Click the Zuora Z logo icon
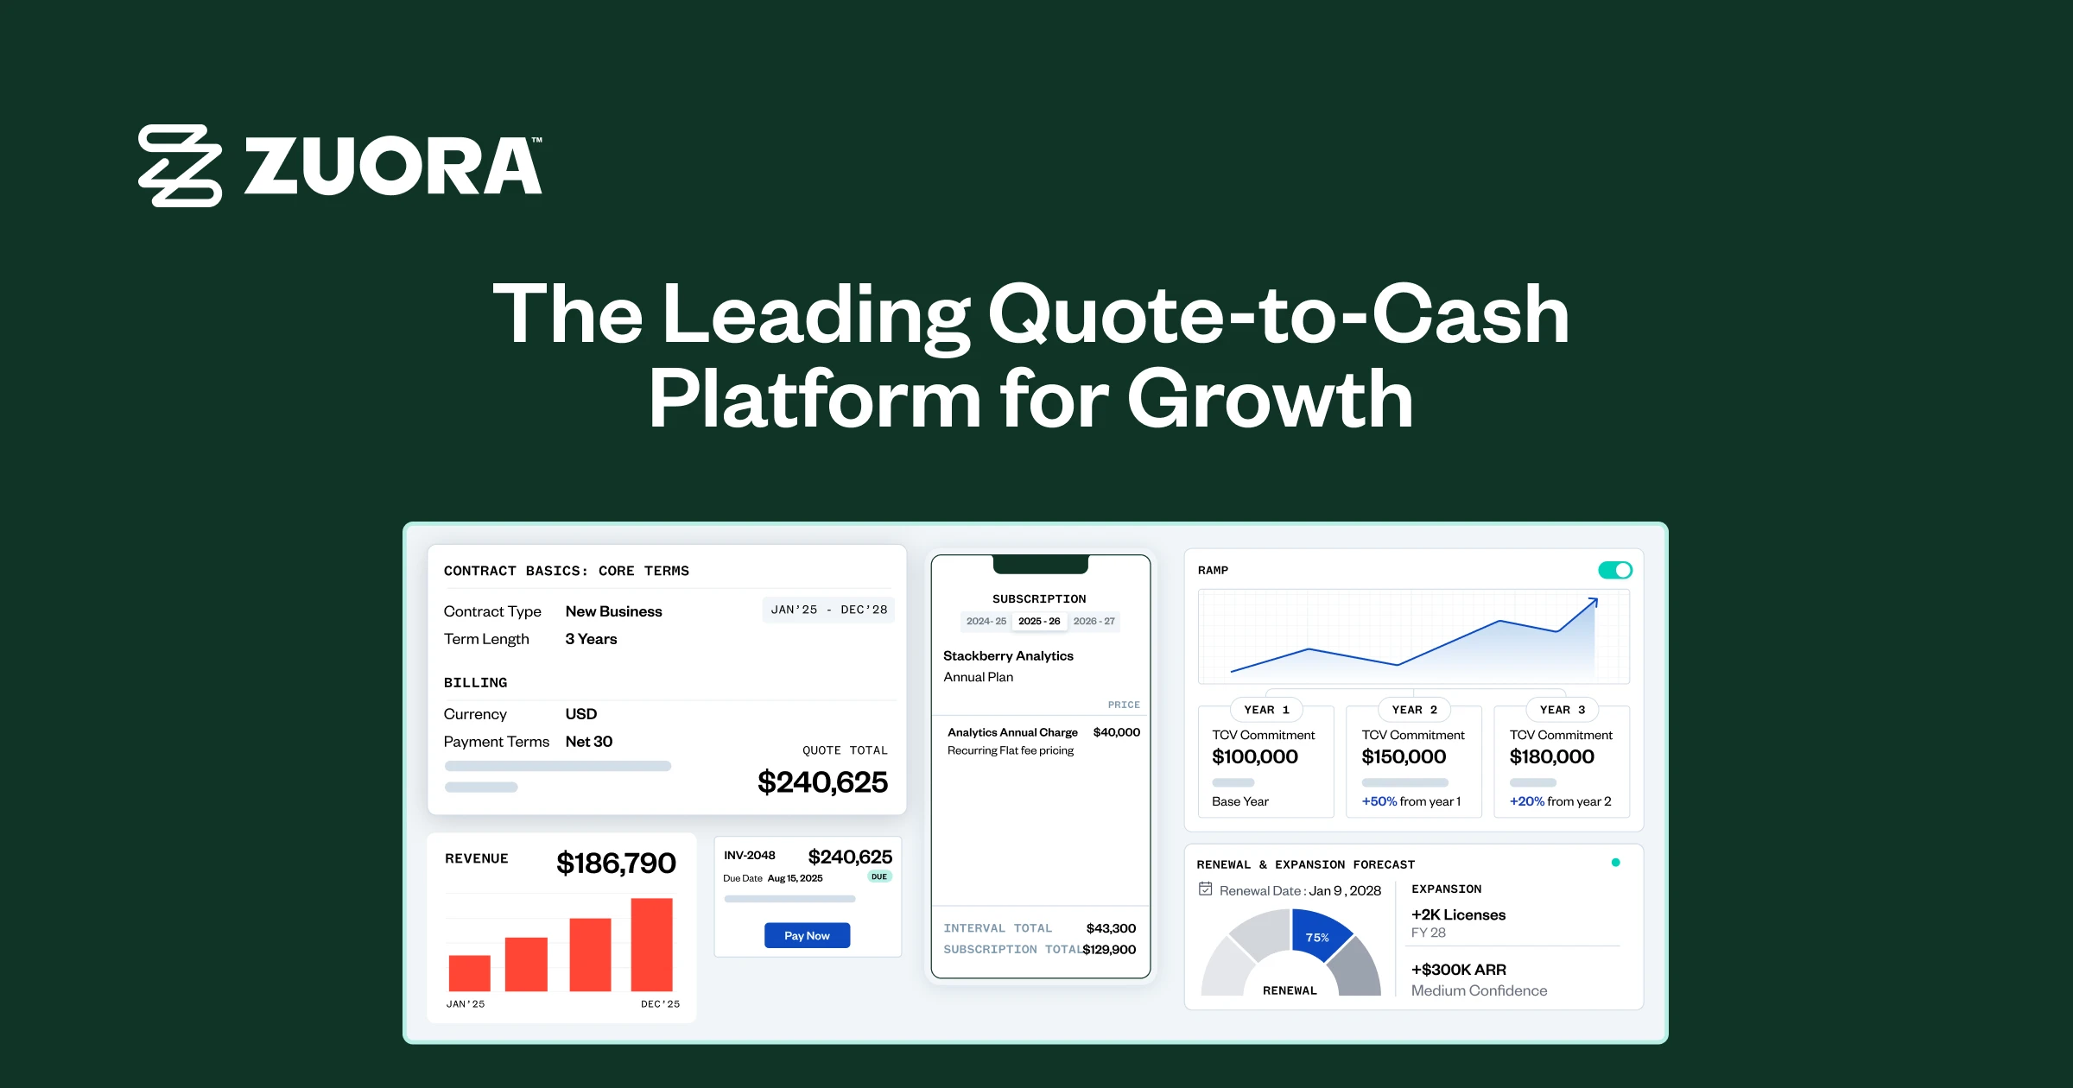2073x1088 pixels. pyautogui.click(x=180, y=166)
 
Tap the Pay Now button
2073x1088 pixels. pyautogui.click(x=807, y=935)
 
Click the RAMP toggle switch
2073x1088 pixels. pyautogui.click(x=1614, y=570)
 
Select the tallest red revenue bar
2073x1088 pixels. pyautogui.click(x=651, y=945)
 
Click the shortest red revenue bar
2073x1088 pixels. pyautogui.click(x=469, y=972)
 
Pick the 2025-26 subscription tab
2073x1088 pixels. pyautogui.click(x=1039, y=621)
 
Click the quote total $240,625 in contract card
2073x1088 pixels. pyautogui.click(x=822, y=782)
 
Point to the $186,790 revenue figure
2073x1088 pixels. pyautogui.click(x=616, y=863)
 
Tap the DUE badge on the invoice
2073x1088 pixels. pyautogui.click(x=878, y=876)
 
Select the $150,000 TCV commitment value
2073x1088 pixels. pyautogui.click(x=1404, y=756)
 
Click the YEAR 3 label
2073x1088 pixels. pyautogui.click(x=1562, y=710)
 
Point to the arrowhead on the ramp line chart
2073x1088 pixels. pyautogui.click(x=1593, y=602)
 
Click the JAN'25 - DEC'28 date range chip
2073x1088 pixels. pyautogui.click(x=828, y=610)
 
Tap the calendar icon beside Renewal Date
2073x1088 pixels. pyautogui.click(x=1206, y=889)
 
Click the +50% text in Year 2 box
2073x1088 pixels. pyautogui.click(x=1379, y=801)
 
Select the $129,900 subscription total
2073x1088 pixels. pyautogui.click(x=1109, y=949)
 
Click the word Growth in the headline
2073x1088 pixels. pyautogui.click(x=1270, y=399)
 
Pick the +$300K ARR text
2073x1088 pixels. pyautogui.click(x=1458, y=970)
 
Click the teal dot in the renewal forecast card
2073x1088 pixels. pyautogui.click(x=1615, y=863)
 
